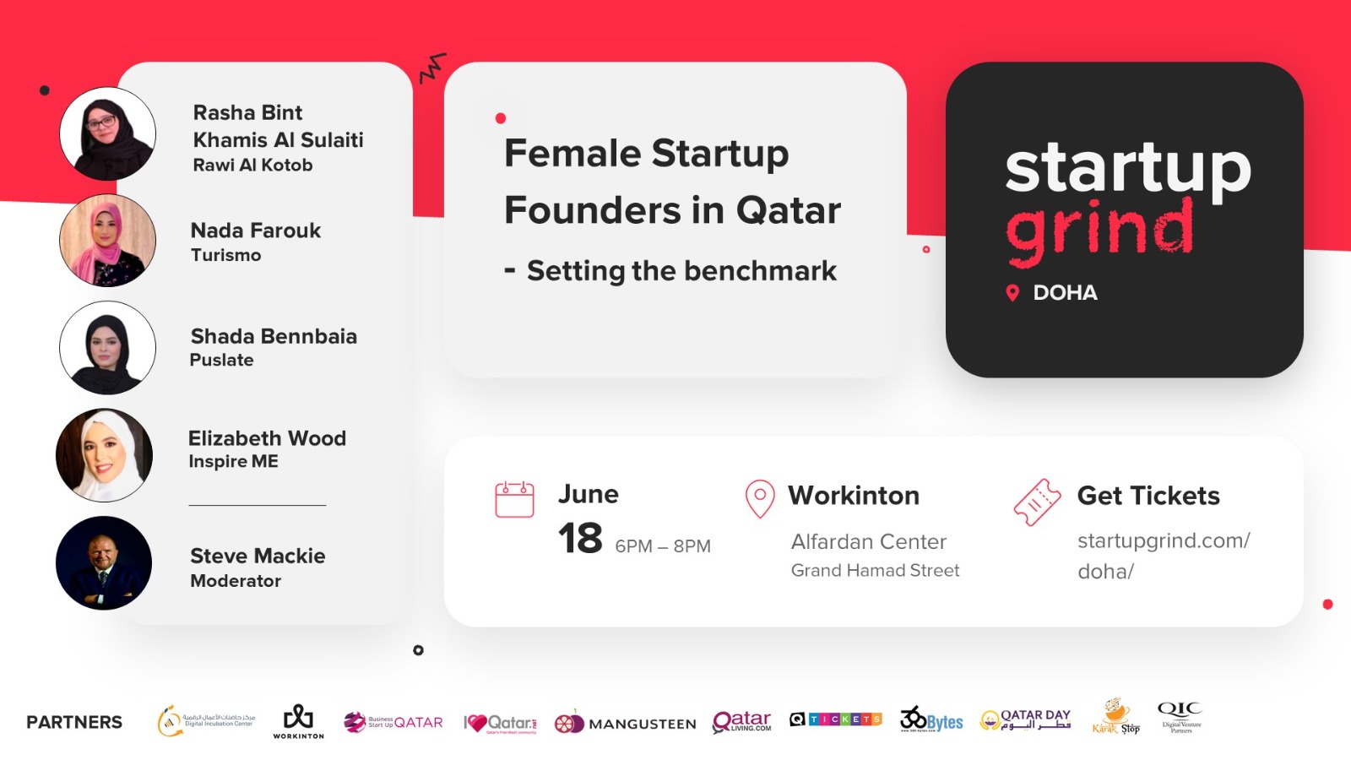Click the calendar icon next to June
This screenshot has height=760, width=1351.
click(x=514, y=499)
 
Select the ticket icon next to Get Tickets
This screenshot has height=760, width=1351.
click(x=1037, y=502)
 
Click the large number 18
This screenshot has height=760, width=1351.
click(x=580, y=539)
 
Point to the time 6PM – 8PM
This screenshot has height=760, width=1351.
click(x=663, y=546)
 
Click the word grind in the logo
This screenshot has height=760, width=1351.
click(x=1099, y=228)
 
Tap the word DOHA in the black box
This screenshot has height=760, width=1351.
click(x=1065, y=293)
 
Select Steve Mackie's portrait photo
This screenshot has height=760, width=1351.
click(x=104, y=563)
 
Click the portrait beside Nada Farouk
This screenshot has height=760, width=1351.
click(x=107, y=241)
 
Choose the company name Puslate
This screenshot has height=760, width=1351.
click(x=221, y=361)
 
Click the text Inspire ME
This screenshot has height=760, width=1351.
click(x=233, y=462)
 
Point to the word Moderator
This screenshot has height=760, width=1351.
click(x=236, y=581)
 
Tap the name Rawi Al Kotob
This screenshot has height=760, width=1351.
click(x=252, y=166)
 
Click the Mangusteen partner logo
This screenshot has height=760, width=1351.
click(x=625, y=723)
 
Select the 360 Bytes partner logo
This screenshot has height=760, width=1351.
click(x=931, y=720)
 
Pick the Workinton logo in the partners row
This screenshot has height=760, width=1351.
click(x=298, y=721)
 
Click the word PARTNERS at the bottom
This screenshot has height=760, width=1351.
click(x=74, y=722)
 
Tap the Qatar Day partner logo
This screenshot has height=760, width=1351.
click(x=1025, y=719)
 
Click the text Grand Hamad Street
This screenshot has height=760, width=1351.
click(x=875, y=571)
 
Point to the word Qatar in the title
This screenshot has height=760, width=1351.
click(x=788, y=210)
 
